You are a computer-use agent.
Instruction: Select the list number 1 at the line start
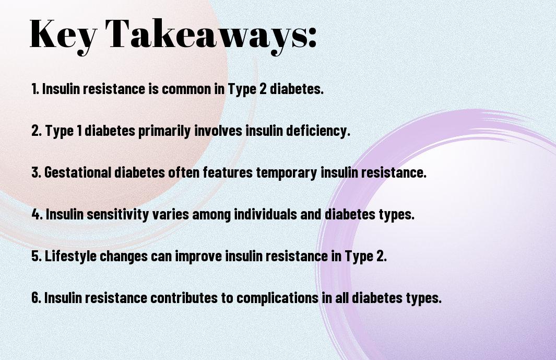click(x=35, y=89)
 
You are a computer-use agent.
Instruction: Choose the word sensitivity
click(x=117, y=215)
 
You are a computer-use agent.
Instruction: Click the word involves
click(x=218, y=131)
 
